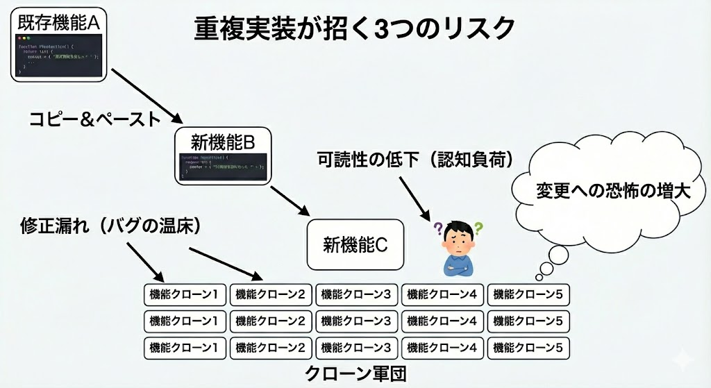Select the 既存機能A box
pyautogui.click(x=59, y=45)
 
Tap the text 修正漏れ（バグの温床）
pyautogui.click(x=112, y=226)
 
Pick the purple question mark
pyautogui.click(x=438, y=227)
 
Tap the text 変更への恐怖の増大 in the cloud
pyautogui.click(x=613, y=191)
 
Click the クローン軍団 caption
pyautogui.click(x=355, y=373)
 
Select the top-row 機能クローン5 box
pyautogui.click(x=528, y=294)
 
